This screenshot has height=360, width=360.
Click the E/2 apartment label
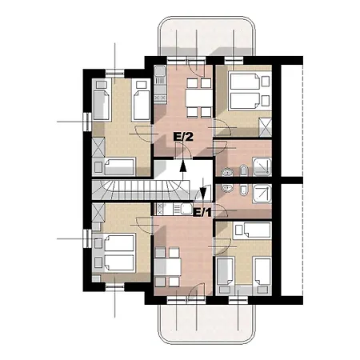click(183, 137)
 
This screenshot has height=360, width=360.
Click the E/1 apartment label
click(202, 213)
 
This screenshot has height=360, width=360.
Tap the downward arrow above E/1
click(203, 190)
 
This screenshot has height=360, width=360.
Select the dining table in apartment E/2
click(199, 98)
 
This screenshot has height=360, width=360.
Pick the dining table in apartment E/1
click(168, 267)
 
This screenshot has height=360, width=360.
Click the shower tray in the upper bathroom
click(262, 166)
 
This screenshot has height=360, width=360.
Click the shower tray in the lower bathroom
click(262, 194)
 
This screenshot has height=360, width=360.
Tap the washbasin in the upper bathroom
click(227, 172)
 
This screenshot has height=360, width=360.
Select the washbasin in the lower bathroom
click(227, 188)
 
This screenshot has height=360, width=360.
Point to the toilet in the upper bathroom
click(243, 170)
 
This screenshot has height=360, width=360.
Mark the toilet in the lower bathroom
click(243, 190)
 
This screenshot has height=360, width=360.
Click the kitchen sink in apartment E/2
click(160, 71)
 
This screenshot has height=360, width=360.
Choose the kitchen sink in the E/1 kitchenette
click(186, 209)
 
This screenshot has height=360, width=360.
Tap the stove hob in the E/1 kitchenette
click(159, 209)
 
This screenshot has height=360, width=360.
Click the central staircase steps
click(141, 190)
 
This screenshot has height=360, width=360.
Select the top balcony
click(206, 36)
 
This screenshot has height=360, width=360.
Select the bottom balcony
click(206, 324)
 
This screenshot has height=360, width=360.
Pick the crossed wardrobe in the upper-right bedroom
click(266, 127)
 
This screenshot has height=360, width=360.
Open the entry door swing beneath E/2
click(184, 150)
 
